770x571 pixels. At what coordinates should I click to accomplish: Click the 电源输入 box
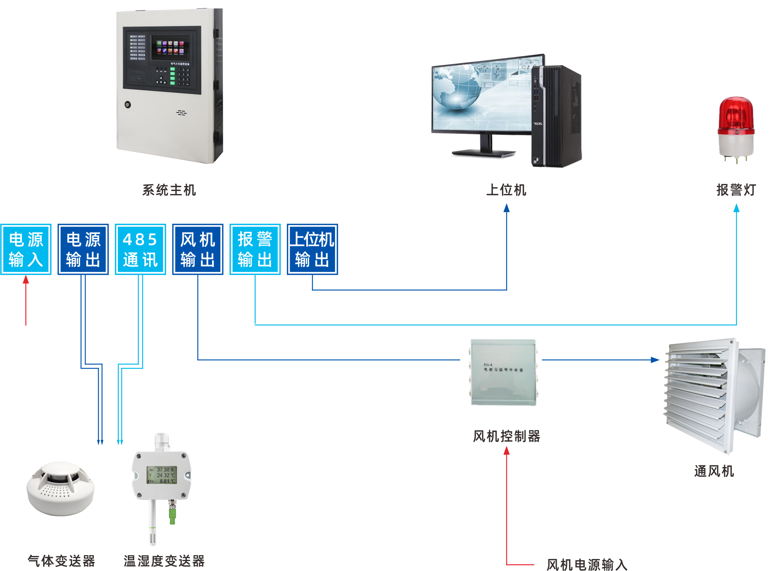tap(26, 249)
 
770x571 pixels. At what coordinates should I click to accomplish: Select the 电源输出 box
tap(83, 249)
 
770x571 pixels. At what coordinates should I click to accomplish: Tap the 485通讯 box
tap(140, 249)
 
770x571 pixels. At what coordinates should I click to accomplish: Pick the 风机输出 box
tap(198, 249)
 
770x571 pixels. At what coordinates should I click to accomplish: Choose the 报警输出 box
tap(255, 249)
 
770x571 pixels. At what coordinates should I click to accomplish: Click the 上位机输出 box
tap(313, 249)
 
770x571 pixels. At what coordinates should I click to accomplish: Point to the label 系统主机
tap(169, 190)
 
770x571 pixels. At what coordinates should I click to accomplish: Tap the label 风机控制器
tap(506, 436)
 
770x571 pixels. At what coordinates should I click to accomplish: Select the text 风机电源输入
tap(587, 565)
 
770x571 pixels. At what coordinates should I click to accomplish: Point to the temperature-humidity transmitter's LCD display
tap(162, 475)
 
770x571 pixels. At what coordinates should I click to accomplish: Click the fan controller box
tap(503, 372)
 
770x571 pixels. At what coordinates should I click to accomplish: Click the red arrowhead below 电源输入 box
tap(26, 280)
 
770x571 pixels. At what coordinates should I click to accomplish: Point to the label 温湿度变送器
tap(164, 561)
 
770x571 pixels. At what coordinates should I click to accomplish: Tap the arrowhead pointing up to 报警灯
tap(736, 208)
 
